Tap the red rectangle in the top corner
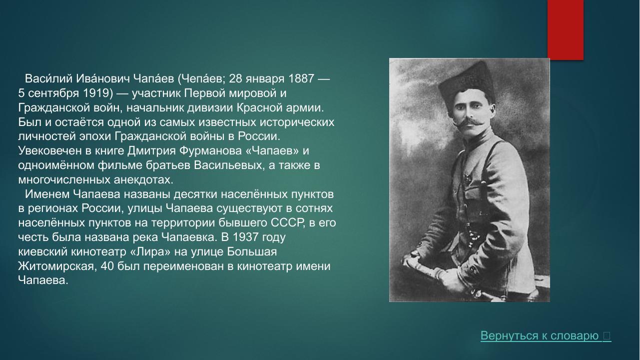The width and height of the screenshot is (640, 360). tap(565, 29)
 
